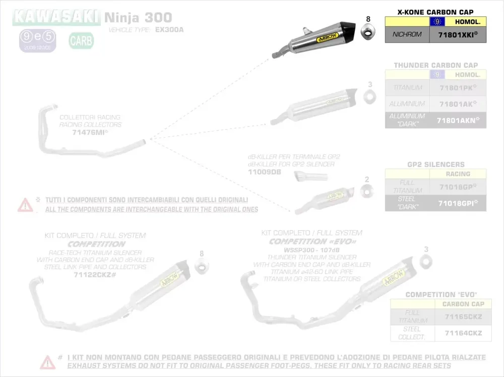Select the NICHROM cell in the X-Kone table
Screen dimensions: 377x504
407,35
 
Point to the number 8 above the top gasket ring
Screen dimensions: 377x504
368,19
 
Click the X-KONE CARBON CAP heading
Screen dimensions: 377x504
435,12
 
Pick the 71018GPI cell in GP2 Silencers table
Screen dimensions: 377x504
458,203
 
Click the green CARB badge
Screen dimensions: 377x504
81,40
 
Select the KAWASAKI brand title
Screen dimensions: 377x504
56,18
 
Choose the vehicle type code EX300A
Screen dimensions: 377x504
169,30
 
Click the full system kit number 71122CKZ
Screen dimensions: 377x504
95,275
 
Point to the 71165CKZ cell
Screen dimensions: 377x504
463,317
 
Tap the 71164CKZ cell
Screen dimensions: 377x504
463,333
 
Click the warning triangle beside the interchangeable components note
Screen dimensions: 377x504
25,204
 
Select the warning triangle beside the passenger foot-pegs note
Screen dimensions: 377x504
48,361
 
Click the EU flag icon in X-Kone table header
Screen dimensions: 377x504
437,22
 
